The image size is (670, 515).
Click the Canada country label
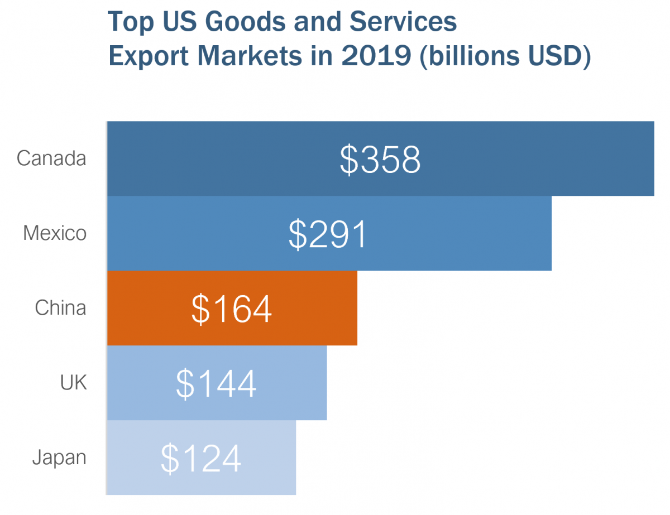click(51, 158)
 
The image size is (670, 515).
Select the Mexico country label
click(55, 233)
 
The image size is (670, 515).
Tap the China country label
click(60, 307)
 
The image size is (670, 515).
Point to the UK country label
click(73, 382)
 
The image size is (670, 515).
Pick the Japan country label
click(59, 457)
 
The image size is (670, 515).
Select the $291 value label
click(328, 234)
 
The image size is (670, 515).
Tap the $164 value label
click(232, 309)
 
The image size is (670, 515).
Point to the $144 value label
click(216, 383)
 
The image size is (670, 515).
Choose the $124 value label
click(201, 458)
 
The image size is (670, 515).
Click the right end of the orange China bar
click(356, 308)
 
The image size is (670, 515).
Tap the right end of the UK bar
click(325, 382)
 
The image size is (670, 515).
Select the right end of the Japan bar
click(294, 457)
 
